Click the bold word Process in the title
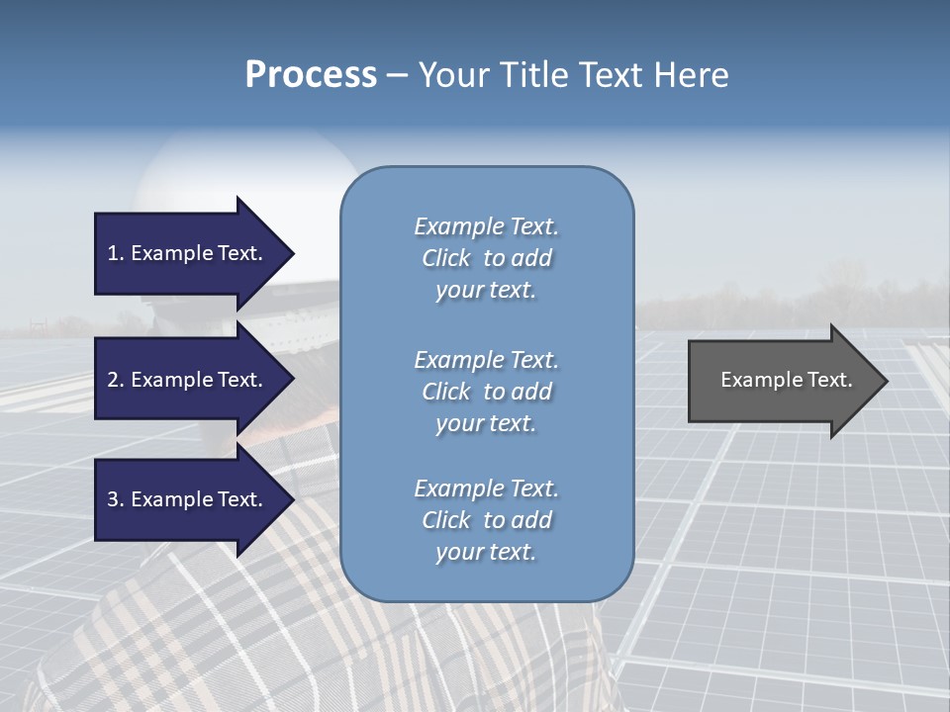pos(311,75)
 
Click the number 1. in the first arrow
pos(116,253)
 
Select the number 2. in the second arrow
pos(116,380)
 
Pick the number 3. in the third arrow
pos(116,499)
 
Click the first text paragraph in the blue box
pos(486,258)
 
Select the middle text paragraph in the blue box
pos(486,392)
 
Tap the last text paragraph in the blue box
pos(486,520)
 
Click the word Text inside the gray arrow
pos(827,380)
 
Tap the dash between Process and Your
pos(397,75)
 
